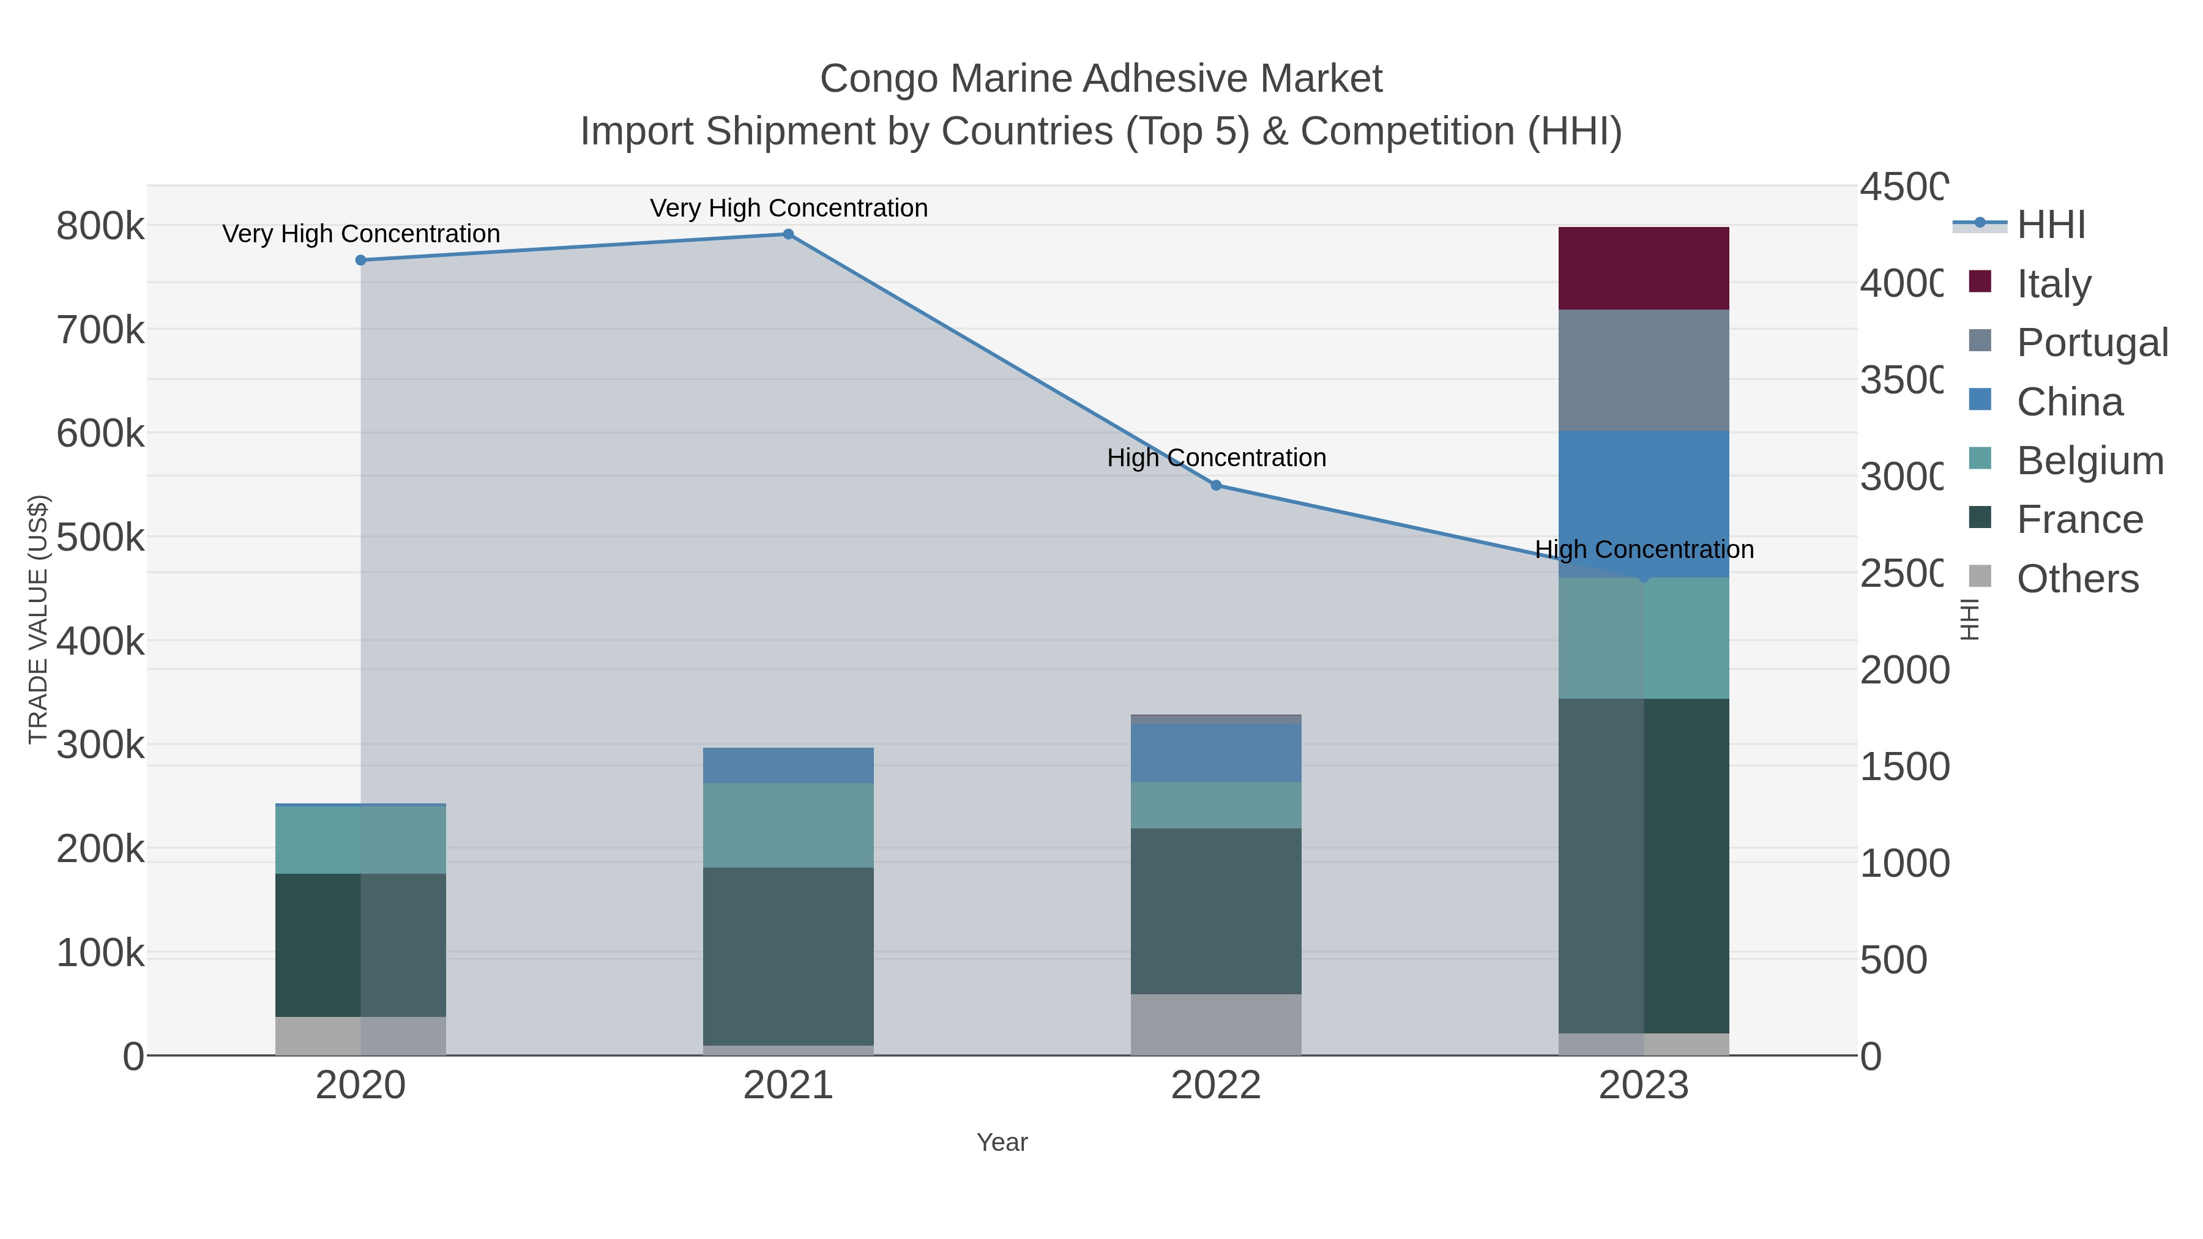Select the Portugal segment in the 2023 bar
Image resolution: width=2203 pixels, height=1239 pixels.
[1643, 370]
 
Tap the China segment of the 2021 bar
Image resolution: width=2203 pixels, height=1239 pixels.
[788, 765]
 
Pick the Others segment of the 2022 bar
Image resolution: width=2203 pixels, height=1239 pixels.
[1215, 1024]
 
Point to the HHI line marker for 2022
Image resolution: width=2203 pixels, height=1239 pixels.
[1216, 485]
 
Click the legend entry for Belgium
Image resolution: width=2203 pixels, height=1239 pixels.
[2089, 461]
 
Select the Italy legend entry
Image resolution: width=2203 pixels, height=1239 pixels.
[2053, 284]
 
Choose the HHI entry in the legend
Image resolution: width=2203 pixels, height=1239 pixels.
[2051, 225]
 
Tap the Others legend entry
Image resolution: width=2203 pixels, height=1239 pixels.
[2076, 579]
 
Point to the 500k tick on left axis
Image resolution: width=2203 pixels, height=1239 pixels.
[100, 538]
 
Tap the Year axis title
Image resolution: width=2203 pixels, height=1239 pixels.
[1001, 1142]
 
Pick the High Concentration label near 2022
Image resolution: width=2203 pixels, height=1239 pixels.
[1216, 458]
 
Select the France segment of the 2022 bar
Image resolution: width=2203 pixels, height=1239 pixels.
[1215, 910]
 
